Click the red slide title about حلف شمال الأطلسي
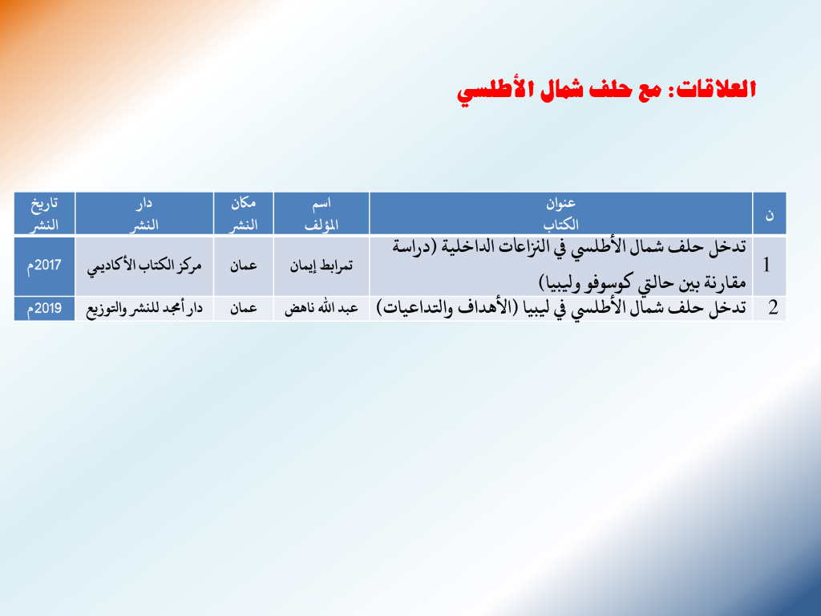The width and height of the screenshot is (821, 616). [x=606, y=91]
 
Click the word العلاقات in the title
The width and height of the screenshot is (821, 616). [x=716, y=89]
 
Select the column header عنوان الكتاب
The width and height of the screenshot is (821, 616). [x=560, y=213]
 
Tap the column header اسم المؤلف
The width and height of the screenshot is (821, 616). [x=322, y=213]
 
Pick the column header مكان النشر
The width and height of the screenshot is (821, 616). [x=244, y=213]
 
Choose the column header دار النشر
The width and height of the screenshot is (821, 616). [x=144, y=213]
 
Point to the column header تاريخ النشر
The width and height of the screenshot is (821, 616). [x=44, y=213]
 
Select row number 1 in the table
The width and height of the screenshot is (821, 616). [x=767, y=265]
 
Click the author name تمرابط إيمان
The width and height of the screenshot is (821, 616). [x=322, y=266]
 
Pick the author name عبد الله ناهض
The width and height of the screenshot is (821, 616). [x=322, y=309]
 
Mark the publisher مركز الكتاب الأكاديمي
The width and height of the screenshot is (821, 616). [x=144, y=266]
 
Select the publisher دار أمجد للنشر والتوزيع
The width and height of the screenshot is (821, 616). [x=144, y=309]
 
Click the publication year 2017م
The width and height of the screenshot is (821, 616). [x=44, y=265]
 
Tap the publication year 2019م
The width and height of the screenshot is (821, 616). [x=44, y=309]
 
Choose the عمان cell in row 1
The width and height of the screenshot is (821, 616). [x=244, y=266]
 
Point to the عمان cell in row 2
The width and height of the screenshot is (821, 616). [x=244, y=309]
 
